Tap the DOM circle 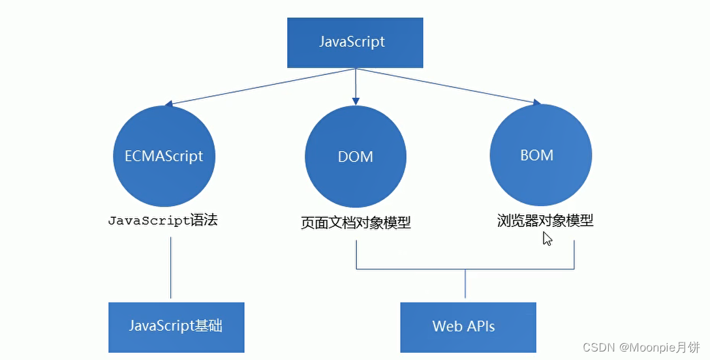click(356, 157)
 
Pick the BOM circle click(540, 155)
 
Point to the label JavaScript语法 click(162, 220)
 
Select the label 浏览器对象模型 click(545, 220)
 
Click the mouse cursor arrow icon click(548, 239)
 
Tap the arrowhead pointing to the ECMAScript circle click(168, 103)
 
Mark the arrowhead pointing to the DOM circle click(356, 100)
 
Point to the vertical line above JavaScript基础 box click(171, 267)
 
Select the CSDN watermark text click(595, 346)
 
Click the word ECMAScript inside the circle click(164, 157)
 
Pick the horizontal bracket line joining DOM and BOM click(465, 269)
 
